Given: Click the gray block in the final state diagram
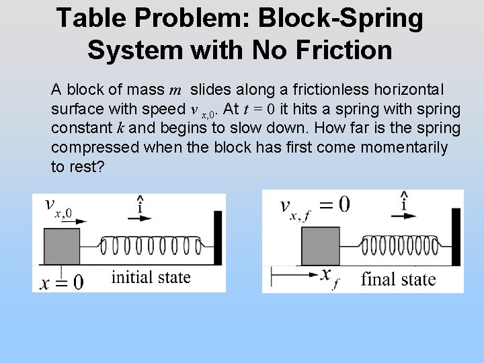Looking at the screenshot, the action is (321, 246).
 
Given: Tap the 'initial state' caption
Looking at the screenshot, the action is (151, 277).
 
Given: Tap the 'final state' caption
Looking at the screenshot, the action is (398, 279).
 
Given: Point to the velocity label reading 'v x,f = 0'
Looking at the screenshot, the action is (315, 205).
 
